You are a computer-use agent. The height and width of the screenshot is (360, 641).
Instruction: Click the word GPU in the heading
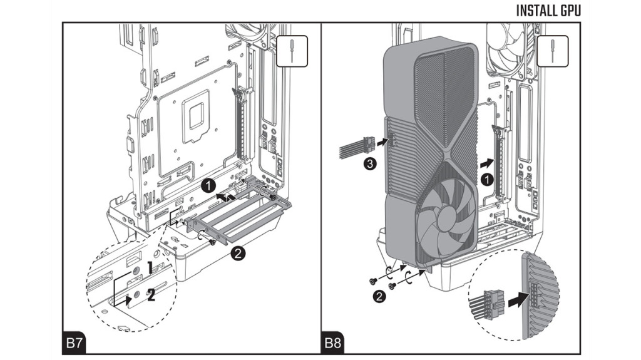(x=570, y=11)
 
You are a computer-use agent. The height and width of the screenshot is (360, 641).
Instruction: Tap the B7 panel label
(x=75, y=343)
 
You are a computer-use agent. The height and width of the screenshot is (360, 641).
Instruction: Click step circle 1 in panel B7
(x=210, y=185)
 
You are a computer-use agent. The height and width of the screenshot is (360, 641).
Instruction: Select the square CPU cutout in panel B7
(x=195, y=113)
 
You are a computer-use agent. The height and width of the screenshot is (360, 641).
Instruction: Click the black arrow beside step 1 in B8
(x=485, y=162)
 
